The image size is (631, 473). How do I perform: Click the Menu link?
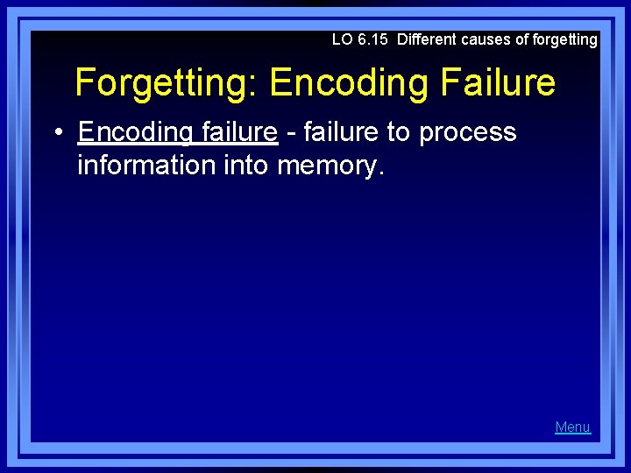(x=572, y=427)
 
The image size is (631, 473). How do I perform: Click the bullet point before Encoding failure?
(x=56, y=133)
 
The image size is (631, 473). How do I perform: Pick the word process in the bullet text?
(x=468, y=132)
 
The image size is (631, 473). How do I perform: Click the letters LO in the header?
(x=342, y=39)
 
